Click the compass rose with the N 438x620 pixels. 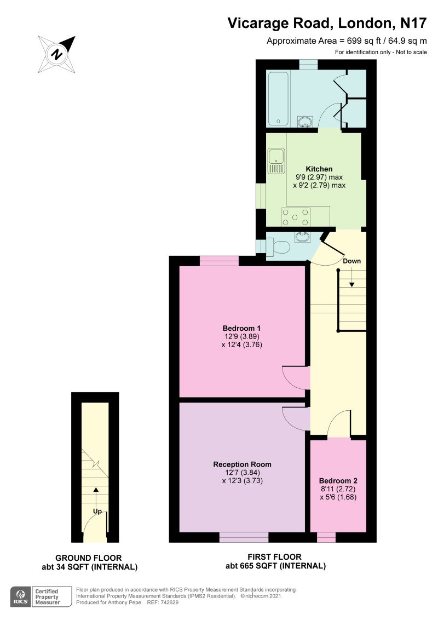click(x=56, y=54)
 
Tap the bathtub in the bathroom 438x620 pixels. click(x=278, y=98)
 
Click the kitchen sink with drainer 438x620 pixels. click(x=275, y=160)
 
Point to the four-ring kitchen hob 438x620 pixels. click(x=296, y=217)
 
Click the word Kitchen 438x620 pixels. click(x=319, y=169)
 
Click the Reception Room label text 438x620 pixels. click(x=242, y=464)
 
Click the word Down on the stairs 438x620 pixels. click(x=351, y=261)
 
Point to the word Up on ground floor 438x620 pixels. click(x=97, y=512)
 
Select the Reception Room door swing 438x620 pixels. click(x=294, y=420)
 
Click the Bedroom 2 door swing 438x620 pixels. click(x=339, y=425)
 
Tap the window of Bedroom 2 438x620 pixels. click(x=326, y=538)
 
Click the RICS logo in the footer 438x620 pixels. click(x=21, y=596)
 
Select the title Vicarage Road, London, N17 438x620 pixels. click(x=327, y=23)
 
